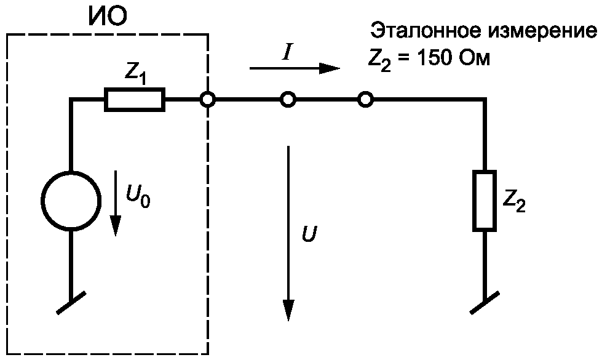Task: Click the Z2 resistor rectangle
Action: (485, 201)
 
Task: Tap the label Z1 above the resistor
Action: (135, 74)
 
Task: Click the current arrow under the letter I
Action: (295, 68)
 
